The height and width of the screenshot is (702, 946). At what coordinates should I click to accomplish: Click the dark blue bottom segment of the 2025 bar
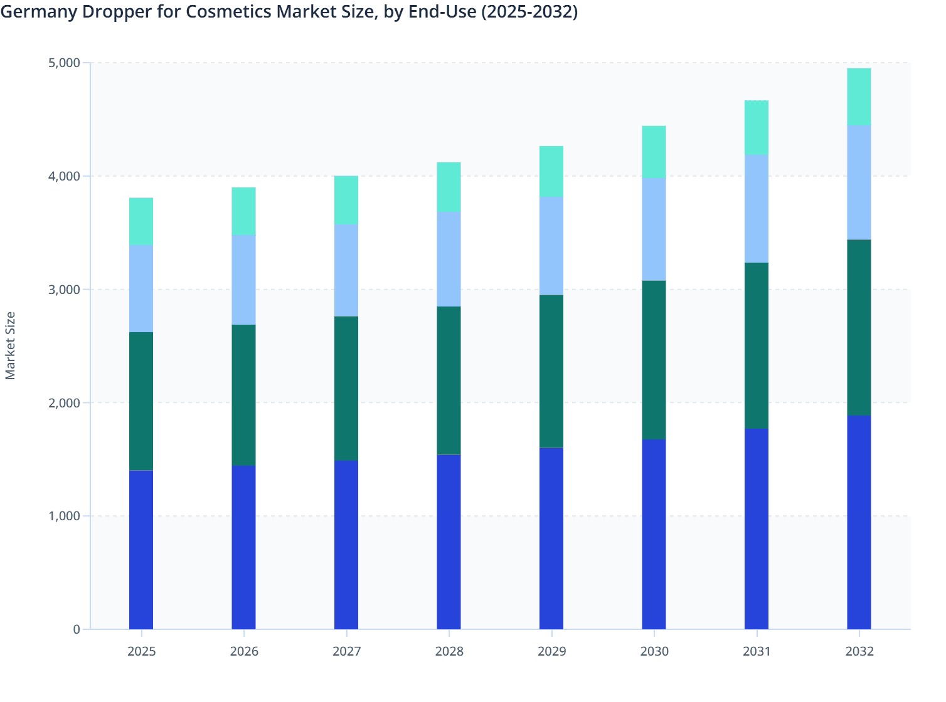[141, 550]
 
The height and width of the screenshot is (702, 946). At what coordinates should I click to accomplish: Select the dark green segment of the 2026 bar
[243, 395]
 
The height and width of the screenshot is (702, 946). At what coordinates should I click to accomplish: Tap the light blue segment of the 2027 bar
[346, 270]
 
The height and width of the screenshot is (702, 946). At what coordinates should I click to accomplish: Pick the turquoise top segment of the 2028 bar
[449, 187]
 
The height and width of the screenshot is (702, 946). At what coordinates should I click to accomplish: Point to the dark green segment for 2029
[551, 371]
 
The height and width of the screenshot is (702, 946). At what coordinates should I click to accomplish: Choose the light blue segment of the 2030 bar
[654, 229]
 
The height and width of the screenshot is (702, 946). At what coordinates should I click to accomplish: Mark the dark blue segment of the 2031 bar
[757, 528]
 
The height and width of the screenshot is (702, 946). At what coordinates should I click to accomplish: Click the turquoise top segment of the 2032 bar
[859, 97]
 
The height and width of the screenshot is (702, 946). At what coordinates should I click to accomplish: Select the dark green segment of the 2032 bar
[859, 328]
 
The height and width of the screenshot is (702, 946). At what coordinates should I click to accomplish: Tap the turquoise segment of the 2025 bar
[141, 221]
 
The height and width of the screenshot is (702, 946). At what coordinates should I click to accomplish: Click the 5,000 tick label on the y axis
[63, 63]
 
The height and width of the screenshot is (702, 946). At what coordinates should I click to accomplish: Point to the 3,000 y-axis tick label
[63, 290]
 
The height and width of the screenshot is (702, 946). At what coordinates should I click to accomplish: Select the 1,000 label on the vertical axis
[63, 516]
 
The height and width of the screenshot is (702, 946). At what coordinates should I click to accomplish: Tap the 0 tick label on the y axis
[77, 629]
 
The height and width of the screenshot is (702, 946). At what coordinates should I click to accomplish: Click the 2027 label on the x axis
[346, 651]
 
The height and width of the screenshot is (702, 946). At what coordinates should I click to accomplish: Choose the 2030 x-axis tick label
[654, 651]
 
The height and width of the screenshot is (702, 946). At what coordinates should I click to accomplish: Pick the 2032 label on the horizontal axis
[859, 651]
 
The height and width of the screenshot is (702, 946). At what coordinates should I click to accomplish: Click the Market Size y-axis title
[10, 345]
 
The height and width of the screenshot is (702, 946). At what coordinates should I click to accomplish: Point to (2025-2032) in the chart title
[529, 12]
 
